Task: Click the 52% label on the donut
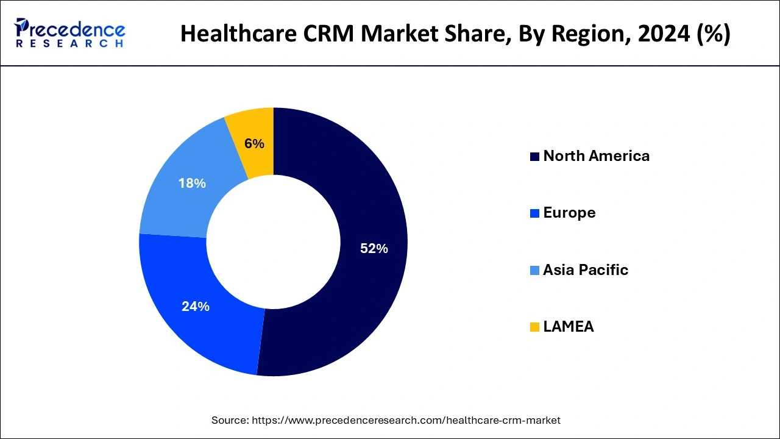click(x=374, y=249)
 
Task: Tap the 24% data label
click(x=195, y=307)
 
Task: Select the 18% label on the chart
click(x=191, y=183)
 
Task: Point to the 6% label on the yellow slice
click(x=254, y=144)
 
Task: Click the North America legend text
click(x=596, y=156)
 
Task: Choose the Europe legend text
click(x=569, y=213)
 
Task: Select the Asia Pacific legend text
click(x=585, y=270)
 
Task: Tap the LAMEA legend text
click(x=568, y=327)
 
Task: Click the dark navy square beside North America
click(x=534, y=157)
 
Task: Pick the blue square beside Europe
click(x=534, y=213)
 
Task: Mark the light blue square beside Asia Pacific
click(x=534, y=271)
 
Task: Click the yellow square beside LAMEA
click(x=534, y=327)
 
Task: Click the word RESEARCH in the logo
click(x=70, y=44)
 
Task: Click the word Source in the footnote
click(x=230, y=420)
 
